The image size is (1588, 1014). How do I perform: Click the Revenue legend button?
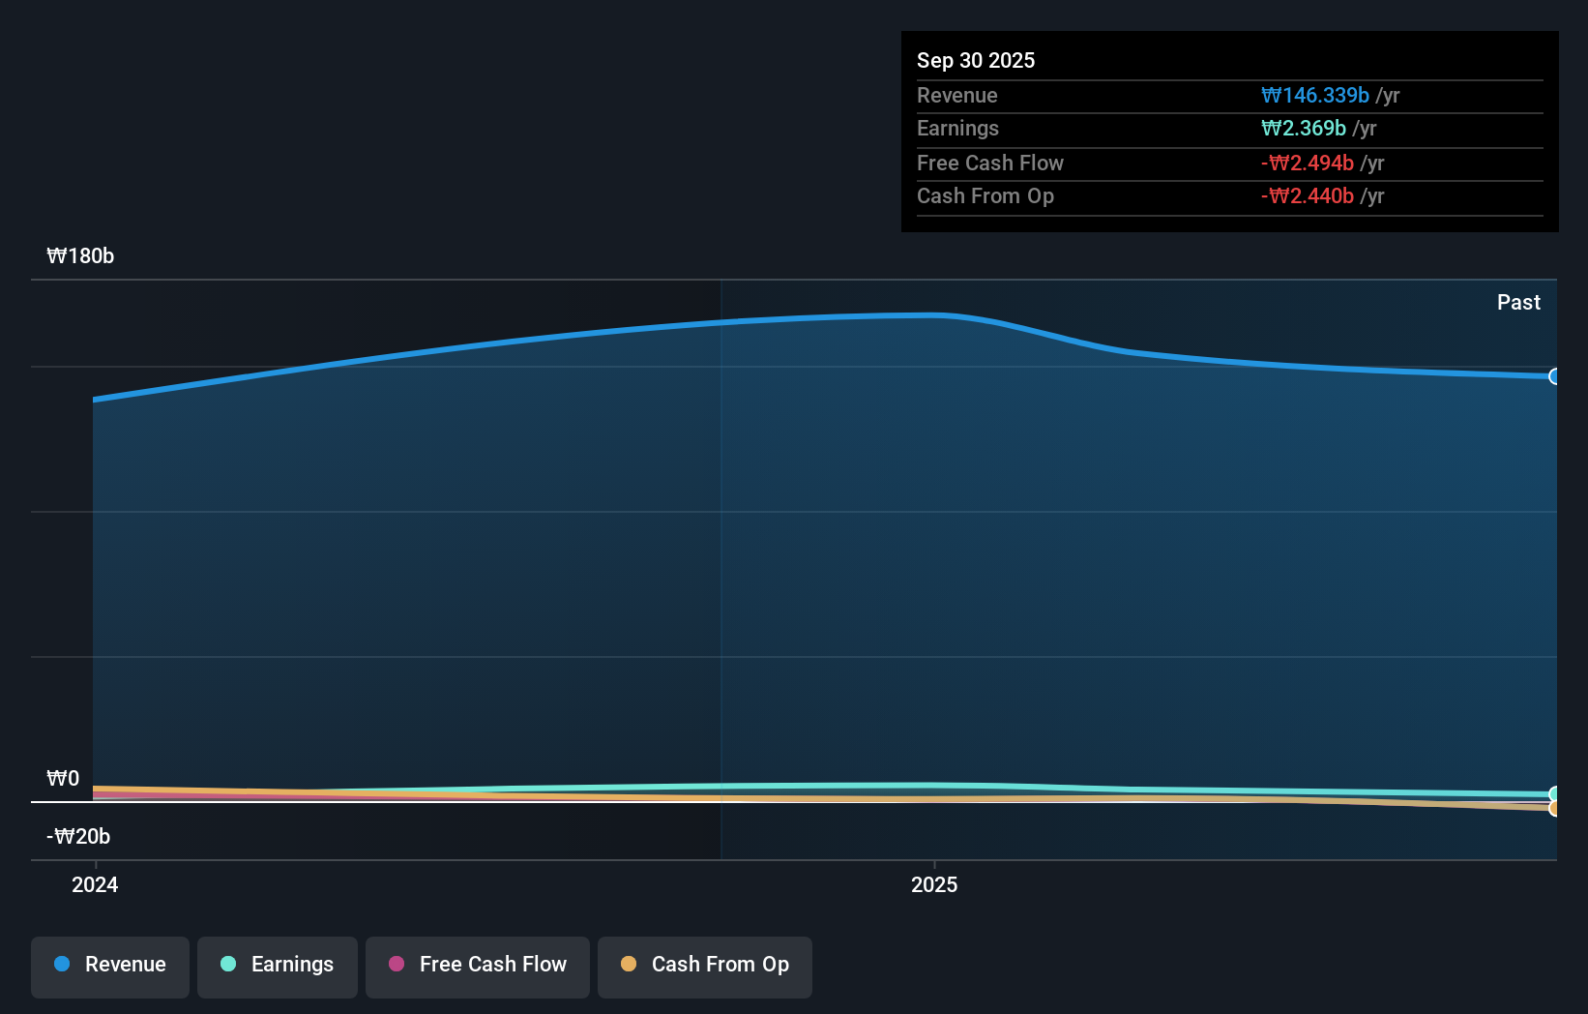tap(110, 966)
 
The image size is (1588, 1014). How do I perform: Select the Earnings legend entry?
tap(278, 966)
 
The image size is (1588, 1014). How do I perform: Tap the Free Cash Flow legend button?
tap(478, 966)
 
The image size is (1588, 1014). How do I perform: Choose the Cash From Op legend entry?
tap(705, 966)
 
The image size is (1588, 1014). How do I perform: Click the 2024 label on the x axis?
tap(95, 884)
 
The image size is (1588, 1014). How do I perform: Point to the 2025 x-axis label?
tap(934, 884)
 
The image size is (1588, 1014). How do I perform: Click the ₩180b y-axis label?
tap(80, 256)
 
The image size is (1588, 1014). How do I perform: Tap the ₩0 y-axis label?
tap(63, 779)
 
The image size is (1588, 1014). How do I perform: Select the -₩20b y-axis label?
tap(78, 837)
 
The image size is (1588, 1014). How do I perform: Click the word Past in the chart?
tap(1518, 303)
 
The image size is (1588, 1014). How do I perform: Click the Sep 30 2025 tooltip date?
tap(976, 61)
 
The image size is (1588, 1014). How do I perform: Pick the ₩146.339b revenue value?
tap(1314, 96)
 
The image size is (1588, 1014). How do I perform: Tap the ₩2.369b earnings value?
tap(1303, 129)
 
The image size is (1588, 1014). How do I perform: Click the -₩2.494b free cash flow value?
tap(1307, 164)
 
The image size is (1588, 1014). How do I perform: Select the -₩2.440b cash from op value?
tap(1307, 196)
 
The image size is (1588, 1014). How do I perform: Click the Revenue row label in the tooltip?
tap(956, 96)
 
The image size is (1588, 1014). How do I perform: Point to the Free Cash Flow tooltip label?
tap(989, 164)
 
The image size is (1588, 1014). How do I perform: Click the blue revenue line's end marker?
tap(1554, 376)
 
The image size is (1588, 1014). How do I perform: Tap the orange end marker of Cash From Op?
tap(1554, 808)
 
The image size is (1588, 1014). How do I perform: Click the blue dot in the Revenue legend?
tap(62, 965)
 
